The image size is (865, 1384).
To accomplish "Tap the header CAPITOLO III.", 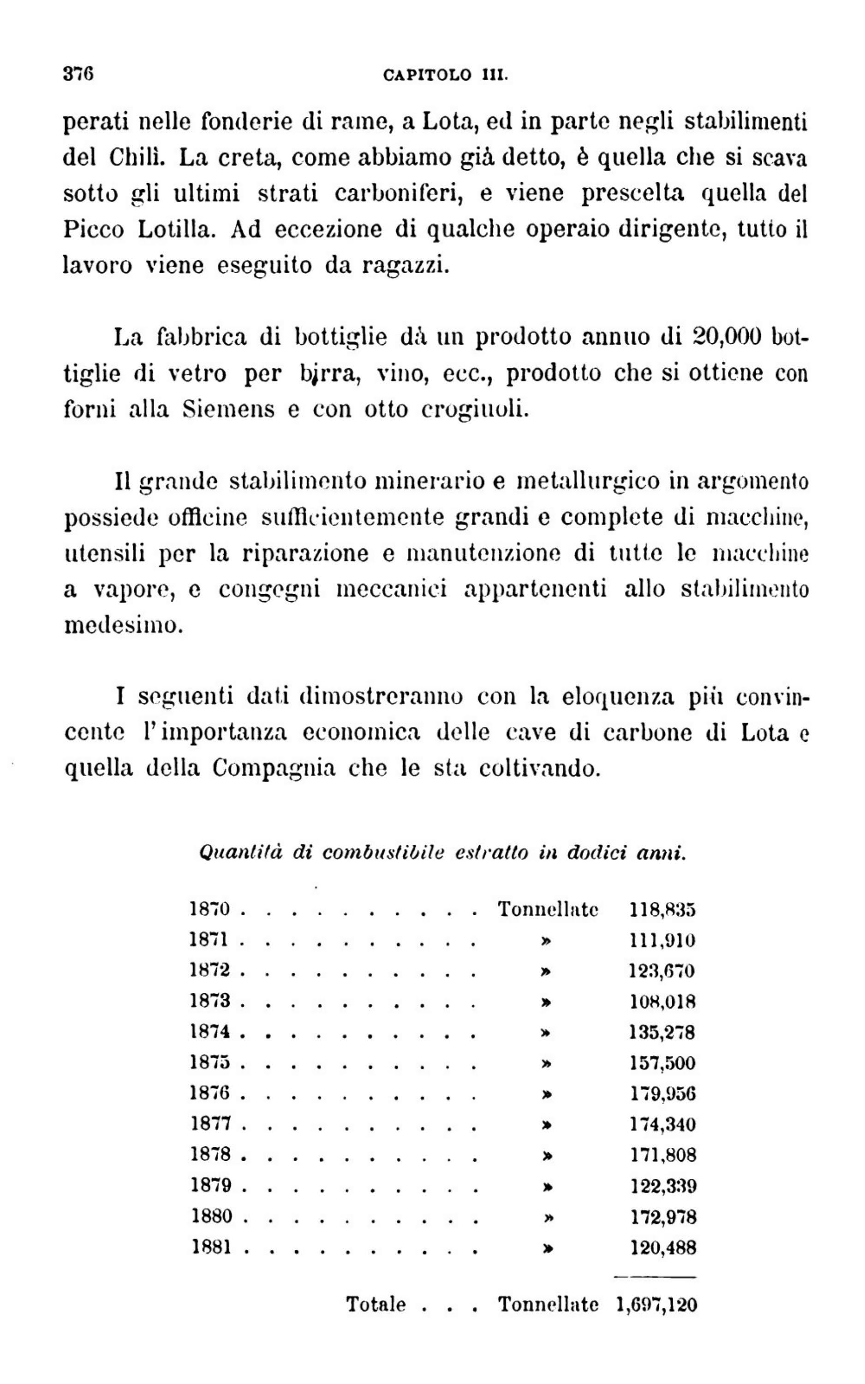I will tap(445, 75).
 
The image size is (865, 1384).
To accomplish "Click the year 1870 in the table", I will tap(210, 909).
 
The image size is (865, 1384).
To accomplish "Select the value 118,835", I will tap(662, 909).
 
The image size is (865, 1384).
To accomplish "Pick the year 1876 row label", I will tap(210, 1093).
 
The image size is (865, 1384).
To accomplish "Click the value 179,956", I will tap(662, 1093).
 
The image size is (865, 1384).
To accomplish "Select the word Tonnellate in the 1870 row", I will tap(548, 909).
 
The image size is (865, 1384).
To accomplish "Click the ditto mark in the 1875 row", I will tap(546, 1063).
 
